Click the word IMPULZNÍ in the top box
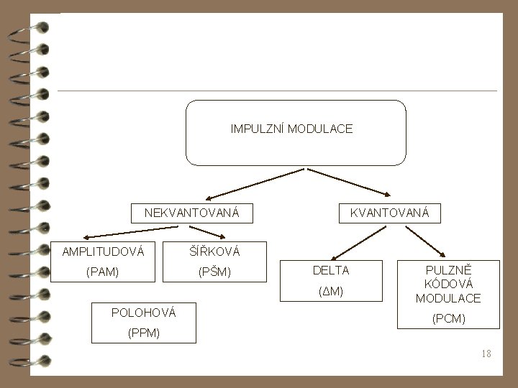pos(254,129)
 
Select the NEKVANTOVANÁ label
pos(191,213)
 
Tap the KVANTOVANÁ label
pos(389,213)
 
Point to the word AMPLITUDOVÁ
pos(104,252)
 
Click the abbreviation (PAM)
pos(104,272)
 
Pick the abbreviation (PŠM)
pos(214,272)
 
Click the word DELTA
pos(331,270)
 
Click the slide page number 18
pos(487,353)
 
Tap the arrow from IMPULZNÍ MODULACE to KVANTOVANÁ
pos(353,183)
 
